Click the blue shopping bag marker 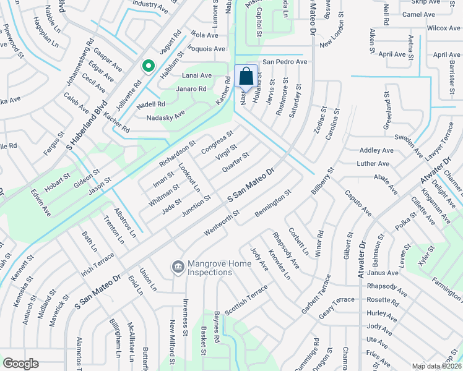pos(246,77)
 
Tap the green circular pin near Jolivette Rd pos(148,66)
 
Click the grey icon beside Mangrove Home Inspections pos(178,267)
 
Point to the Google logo pos(20,364)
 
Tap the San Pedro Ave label pos(285,62)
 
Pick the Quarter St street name pos(235,161)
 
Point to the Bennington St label pos(272,208)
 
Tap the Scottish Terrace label pos(246,301)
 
